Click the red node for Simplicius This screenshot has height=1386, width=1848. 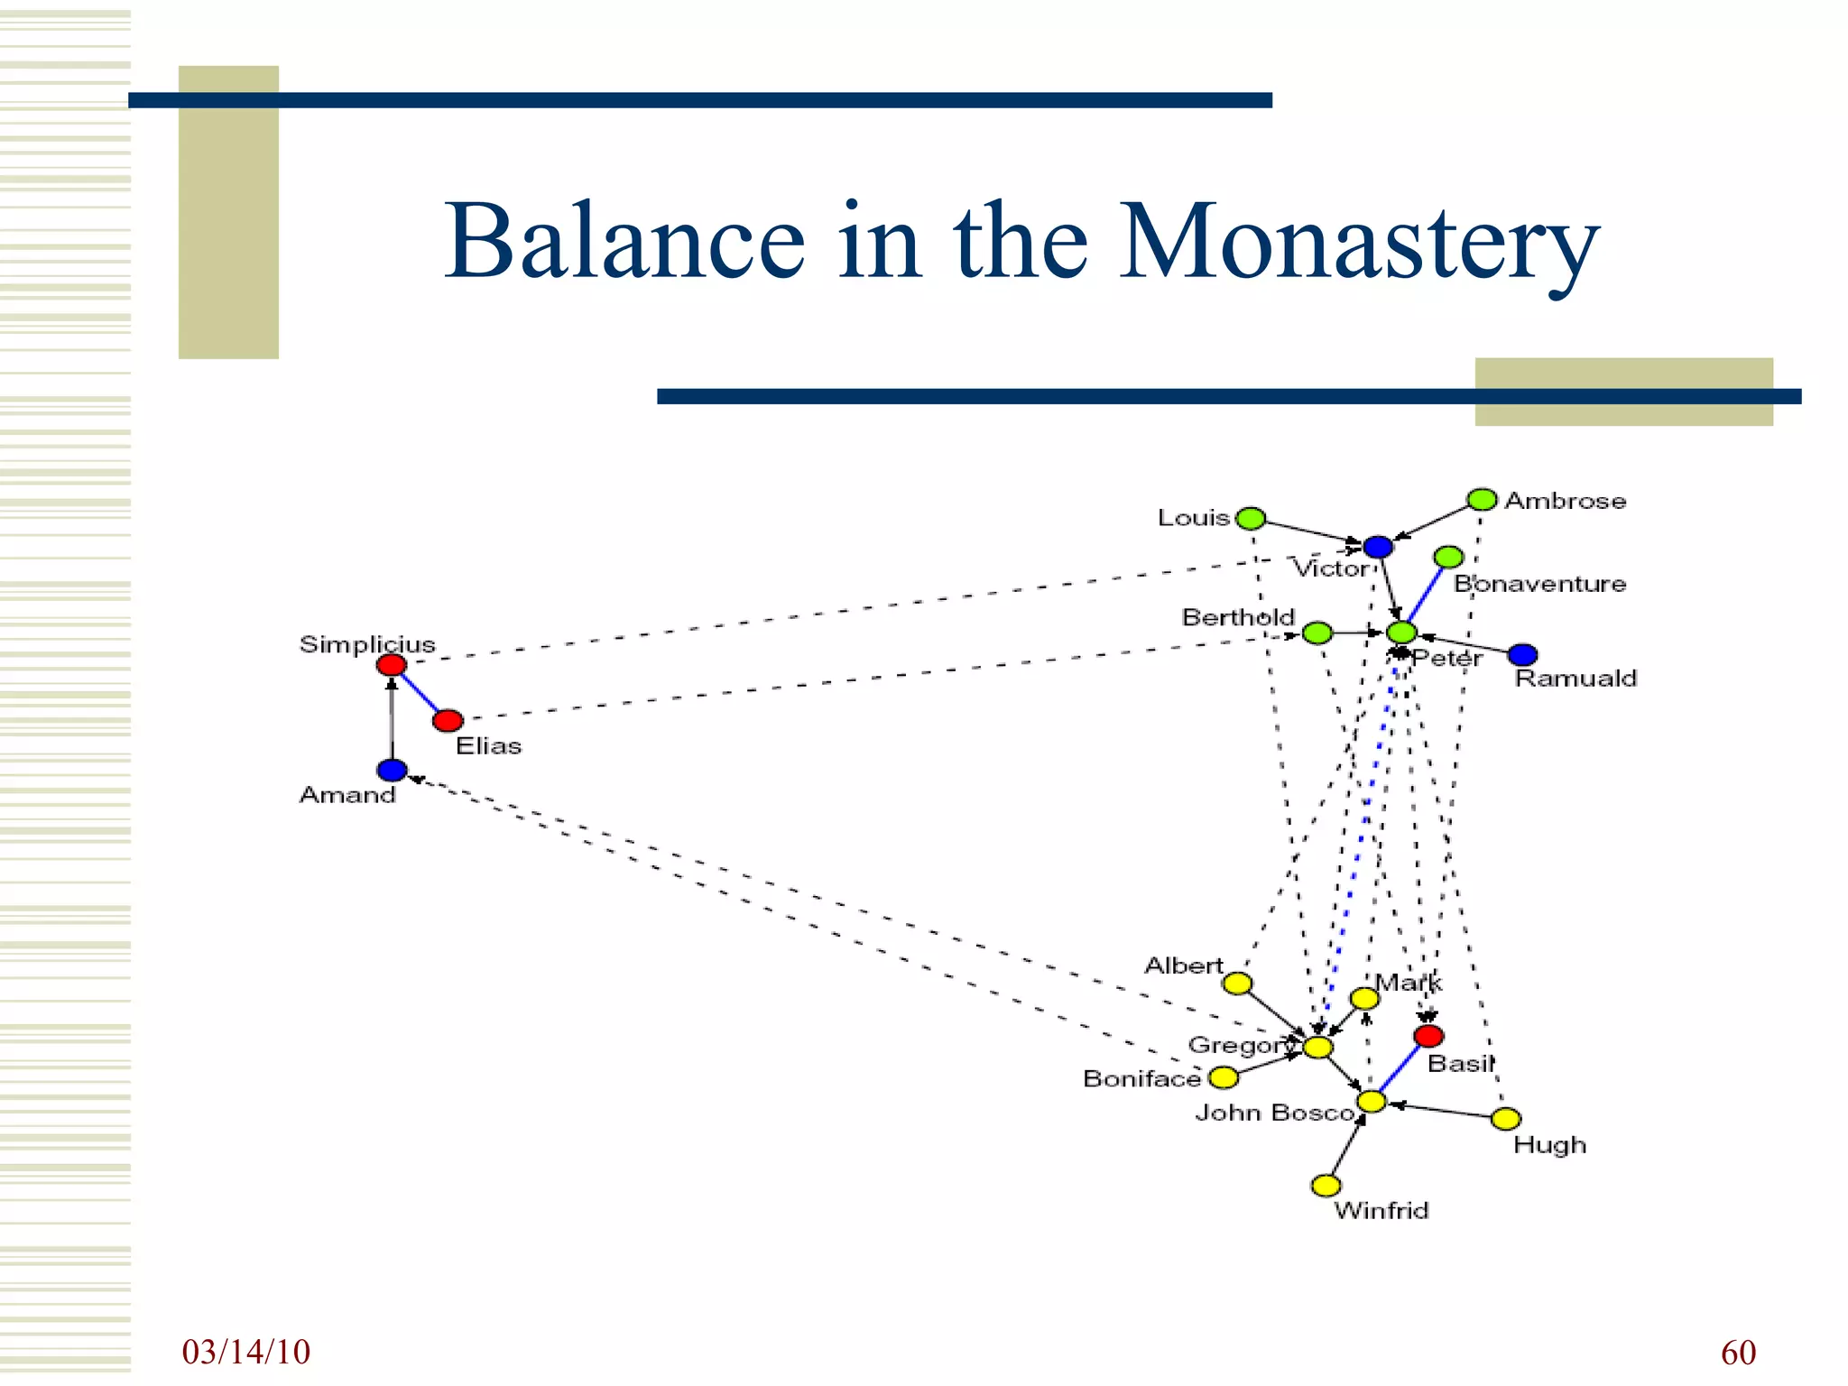[392, 666]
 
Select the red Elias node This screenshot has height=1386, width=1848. [448, 721]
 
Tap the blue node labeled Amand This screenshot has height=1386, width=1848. [392, 771]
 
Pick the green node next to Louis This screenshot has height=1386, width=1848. [1251, 519]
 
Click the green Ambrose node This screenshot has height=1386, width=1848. [1482, 500]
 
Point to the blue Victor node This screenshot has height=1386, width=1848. [1378, 547]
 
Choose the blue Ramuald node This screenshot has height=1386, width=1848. [1522, 654]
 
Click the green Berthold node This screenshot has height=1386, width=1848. [1317, 633]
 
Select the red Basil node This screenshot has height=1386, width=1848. [1428, 1035]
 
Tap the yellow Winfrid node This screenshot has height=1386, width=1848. [1326, 1185]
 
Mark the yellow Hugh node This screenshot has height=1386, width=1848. [1506, 1120]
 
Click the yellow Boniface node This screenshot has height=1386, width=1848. [1224, 1077]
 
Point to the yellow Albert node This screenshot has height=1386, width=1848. [1237, 984]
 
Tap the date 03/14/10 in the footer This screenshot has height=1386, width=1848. [245, 1352]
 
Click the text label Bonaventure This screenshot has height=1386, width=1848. [1539, 584]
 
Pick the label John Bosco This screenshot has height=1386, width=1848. [1274, 1113]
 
